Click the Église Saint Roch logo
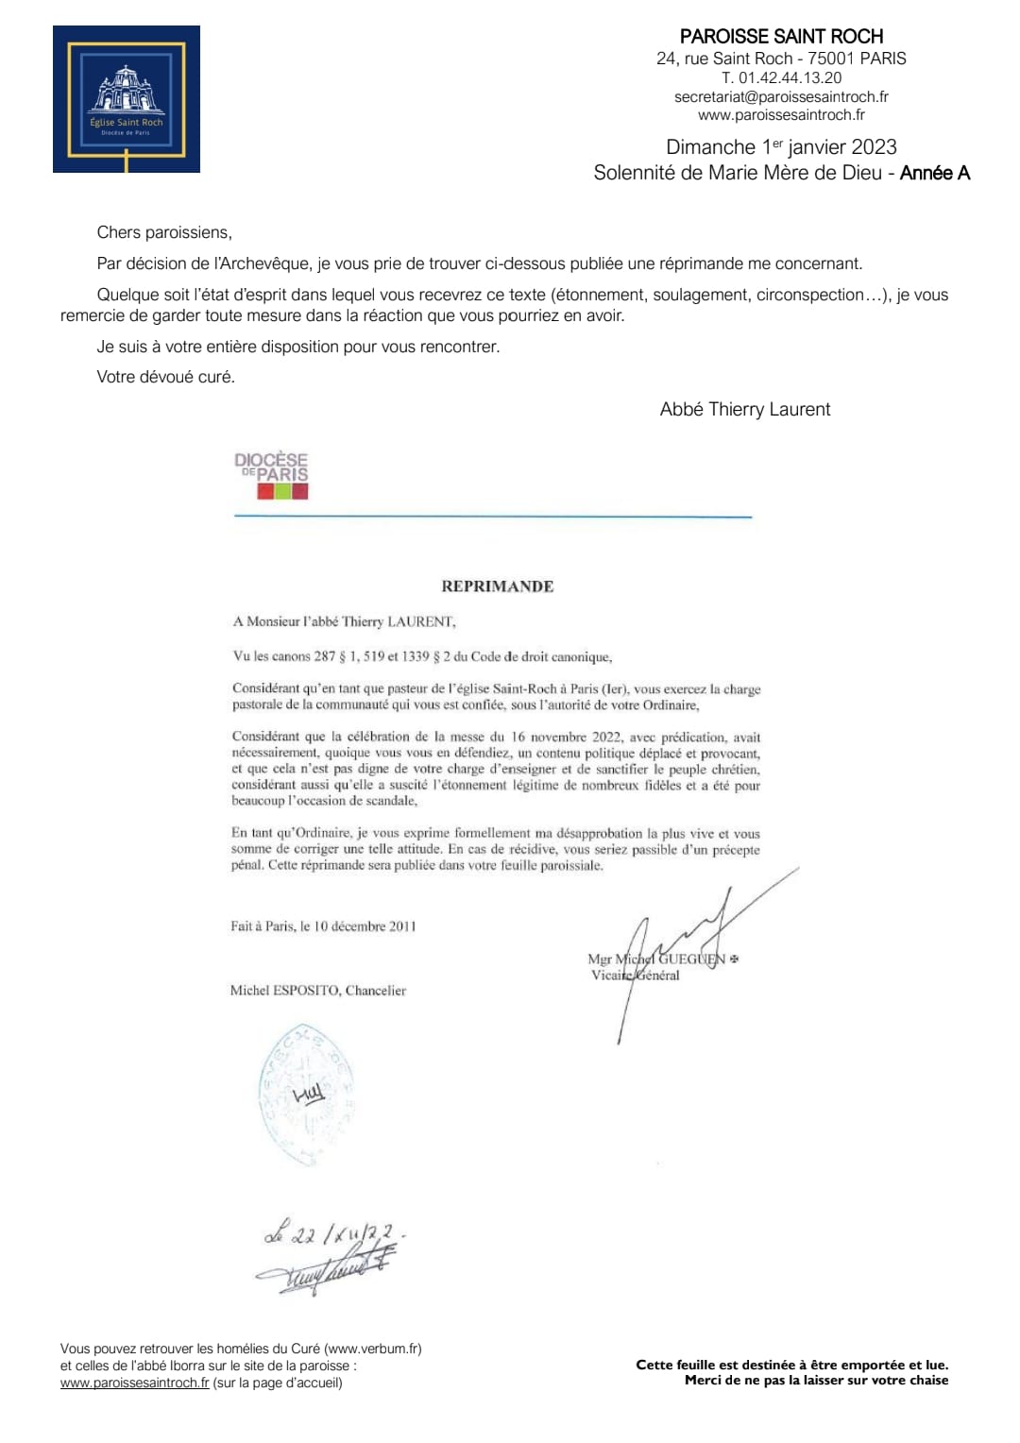127,99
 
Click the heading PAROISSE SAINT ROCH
781,37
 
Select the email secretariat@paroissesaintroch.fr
781,96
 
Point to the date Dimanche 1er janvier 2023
781,147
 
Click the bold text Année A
935,173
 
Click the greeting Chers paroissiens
163,232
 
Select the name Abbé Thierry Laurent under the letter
745,409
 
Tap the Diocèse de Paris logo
272,475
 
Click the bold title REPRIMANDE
498,586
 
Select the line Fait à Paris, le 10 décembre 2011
323,926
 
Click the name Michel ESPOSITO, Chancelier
318,991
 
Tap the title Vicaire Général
635,976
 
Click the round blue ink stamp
306,1095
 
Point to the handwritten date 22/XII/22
335,1233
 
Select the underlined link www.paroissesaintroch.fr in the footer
135,1383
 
